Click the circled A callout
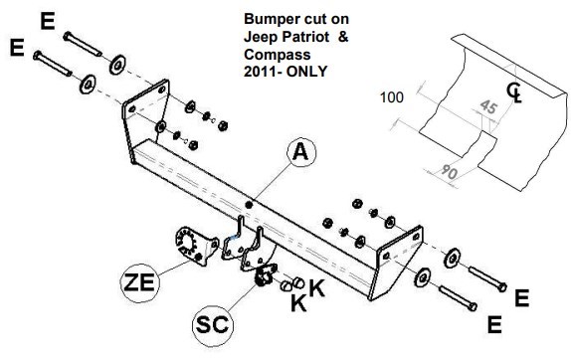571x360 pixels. (301, 152)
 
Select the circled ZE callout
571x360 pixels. (140, 282)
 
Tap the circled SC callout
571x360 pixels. (213, 325)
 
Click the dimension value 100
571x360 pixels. (392, 97)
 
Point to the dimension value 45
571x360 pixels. (488, 107)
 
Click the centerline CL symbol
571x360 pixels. (514, 92)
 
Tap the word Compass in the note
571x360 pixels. (278, 55)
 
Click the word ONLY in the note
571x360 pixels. (306, 71)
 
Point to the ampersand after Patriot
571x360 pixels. (343, 37)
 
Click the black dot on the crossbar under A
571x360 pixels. (249, 205)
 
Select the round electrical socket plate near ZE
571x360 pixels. (186, 242)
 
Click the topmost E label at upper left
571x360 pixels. (48, 21)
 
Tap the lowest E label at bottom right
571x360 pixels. (494, 324)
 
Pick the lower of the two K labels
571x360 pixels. (298, 302)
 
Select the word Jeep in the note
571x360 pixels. (259, 38)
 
